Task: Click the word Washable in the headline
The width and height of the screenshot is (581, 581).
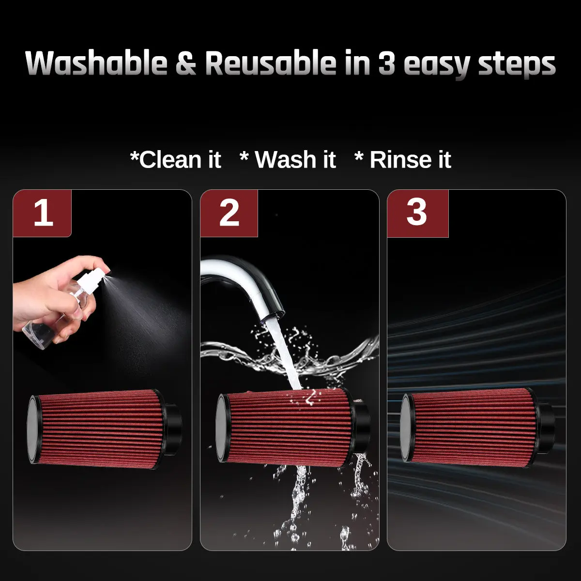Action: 96,63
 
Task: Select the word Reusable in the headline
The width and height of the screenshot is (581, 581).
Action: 271,63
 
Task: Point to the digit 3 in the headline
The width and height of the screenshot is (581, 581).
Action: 386,63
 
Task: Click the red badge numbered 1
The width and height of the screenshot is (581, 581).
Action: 42,213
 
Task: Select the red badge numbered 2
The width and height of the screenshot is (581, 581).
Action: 229,213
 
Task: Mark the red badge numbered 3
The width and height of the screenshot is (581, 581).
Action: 417,213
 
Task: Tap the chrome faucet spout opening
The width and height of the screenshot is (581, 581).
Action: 273,318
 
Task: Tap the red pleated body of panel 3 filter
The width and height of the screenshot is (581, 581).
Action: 472,428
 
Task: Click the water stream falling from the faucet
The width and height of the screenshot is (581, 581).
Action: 284,355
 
